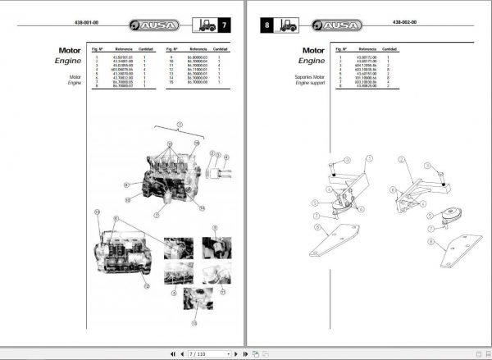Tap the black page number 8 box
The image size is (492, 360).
tap(267, 25)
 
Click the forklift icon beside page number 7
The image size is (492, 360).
tap(204, 25)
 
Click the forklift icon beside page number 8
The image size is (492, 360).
tap(289, 25)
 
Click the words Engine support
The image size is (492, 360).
tap(311, 83)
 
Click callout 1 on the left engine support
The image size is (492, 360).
tap(368, 157)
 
